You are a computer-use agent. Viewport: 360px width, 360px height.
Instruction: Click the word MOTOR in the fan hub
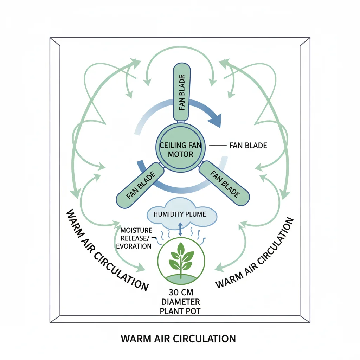[x=180, y=154]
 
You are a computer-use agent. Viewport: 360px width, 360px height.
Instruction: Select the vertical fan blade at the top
[x=182, y=91]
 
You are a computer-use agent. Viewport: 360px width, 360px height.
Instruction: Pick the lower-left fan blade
[x=141, y=185]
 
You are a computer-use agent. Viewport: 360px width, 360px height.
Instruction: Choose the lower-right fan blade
[x=224, y=184]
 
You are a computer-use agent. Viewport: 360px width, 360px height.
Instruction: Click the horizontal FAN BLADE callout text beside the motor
[x=248, y=145]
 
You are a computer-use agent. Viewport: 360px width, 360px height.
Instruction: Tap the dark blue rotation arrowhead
[x=215, y=120]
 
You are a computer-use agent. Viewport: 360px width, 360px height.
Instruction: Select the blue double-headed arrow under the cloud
[x=180, y=229]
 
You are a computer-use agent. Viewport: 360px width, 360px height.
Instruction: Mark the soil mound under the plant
[x=180, y=278]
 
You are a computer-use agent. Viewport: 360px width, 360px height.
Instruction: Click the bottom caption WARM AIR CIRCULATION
[x=178, y=339]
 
